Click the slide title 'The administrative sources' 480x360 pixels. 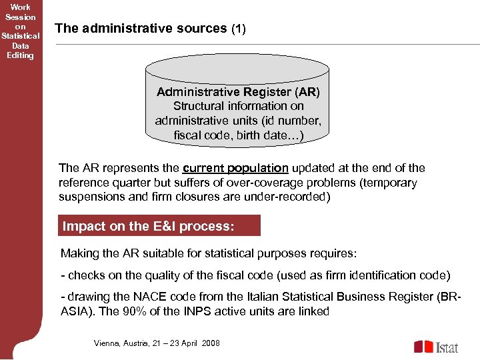[x=141, y=28]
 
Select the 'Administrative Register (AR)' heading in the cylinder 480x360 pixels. [x=238, y=91]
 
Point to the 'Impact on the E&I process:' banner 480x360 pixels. [x=148, y=226]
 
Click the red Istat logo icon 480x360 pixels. [x=423, y=347]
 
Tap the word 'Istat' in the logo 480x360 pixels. [x=447, y=347]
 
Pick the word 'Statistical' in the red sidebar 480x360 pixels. [x=21, y=36]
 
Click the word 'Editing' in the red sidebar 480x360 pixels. [x=20, y=55]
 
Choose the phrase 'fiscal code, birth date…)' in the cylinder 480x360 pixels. [x=238, y=135]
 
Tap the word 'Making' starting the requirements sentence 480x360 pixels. [x=79, y=253]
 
